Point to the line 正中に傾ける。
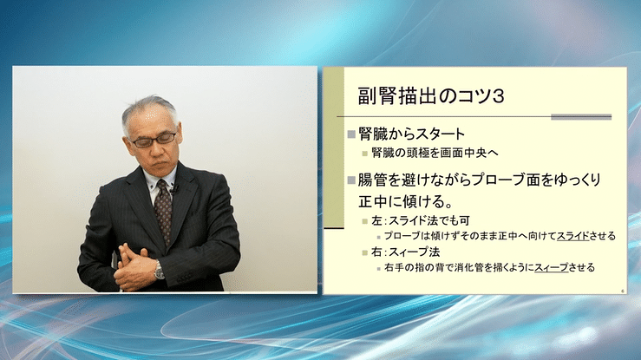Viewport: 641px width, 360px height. [x=404, y=201]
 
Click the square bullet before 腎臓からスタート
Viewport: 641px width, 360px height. [x=351, y=134]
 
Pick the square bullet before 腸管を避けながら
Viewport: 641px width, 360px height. [x=351, y=180]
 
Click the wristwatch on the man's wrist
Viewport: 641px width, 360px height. [x=159, y=271]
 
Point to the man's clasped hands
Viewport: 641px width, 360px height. [x=136, y=260]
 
